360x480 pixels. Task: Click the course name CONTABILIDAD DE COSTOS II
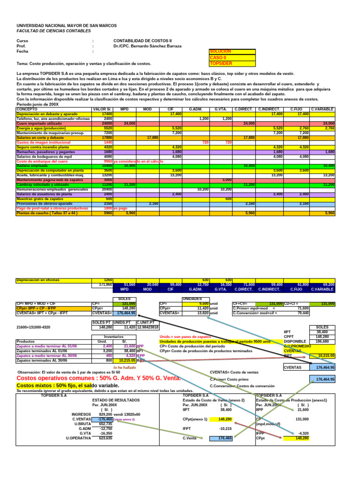tap(143, 41)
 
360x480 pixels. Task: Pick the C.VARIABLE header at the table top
tap(322, 109)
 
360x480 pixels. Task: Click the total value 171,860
tap(106, 284)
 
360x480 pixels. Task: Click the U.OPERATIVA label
tap(78, 438)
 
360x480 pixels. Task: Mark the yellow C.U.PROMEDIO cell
tap(297, 359)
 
